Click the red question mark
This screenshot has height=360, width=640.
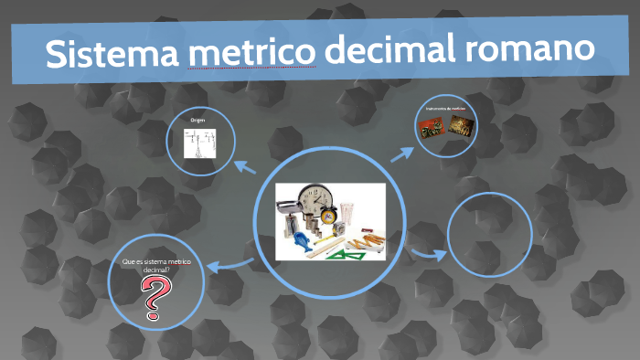point(157,298)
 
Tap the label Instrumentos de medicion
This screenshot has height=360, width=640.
point(446,109)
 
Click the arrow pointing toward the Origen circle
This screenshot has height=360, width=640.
point(244,166)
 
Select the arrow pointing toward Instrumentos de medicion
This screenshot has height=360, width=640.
point(402,152)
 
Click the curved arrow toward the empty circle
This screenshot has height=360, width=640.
point(425,253)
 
